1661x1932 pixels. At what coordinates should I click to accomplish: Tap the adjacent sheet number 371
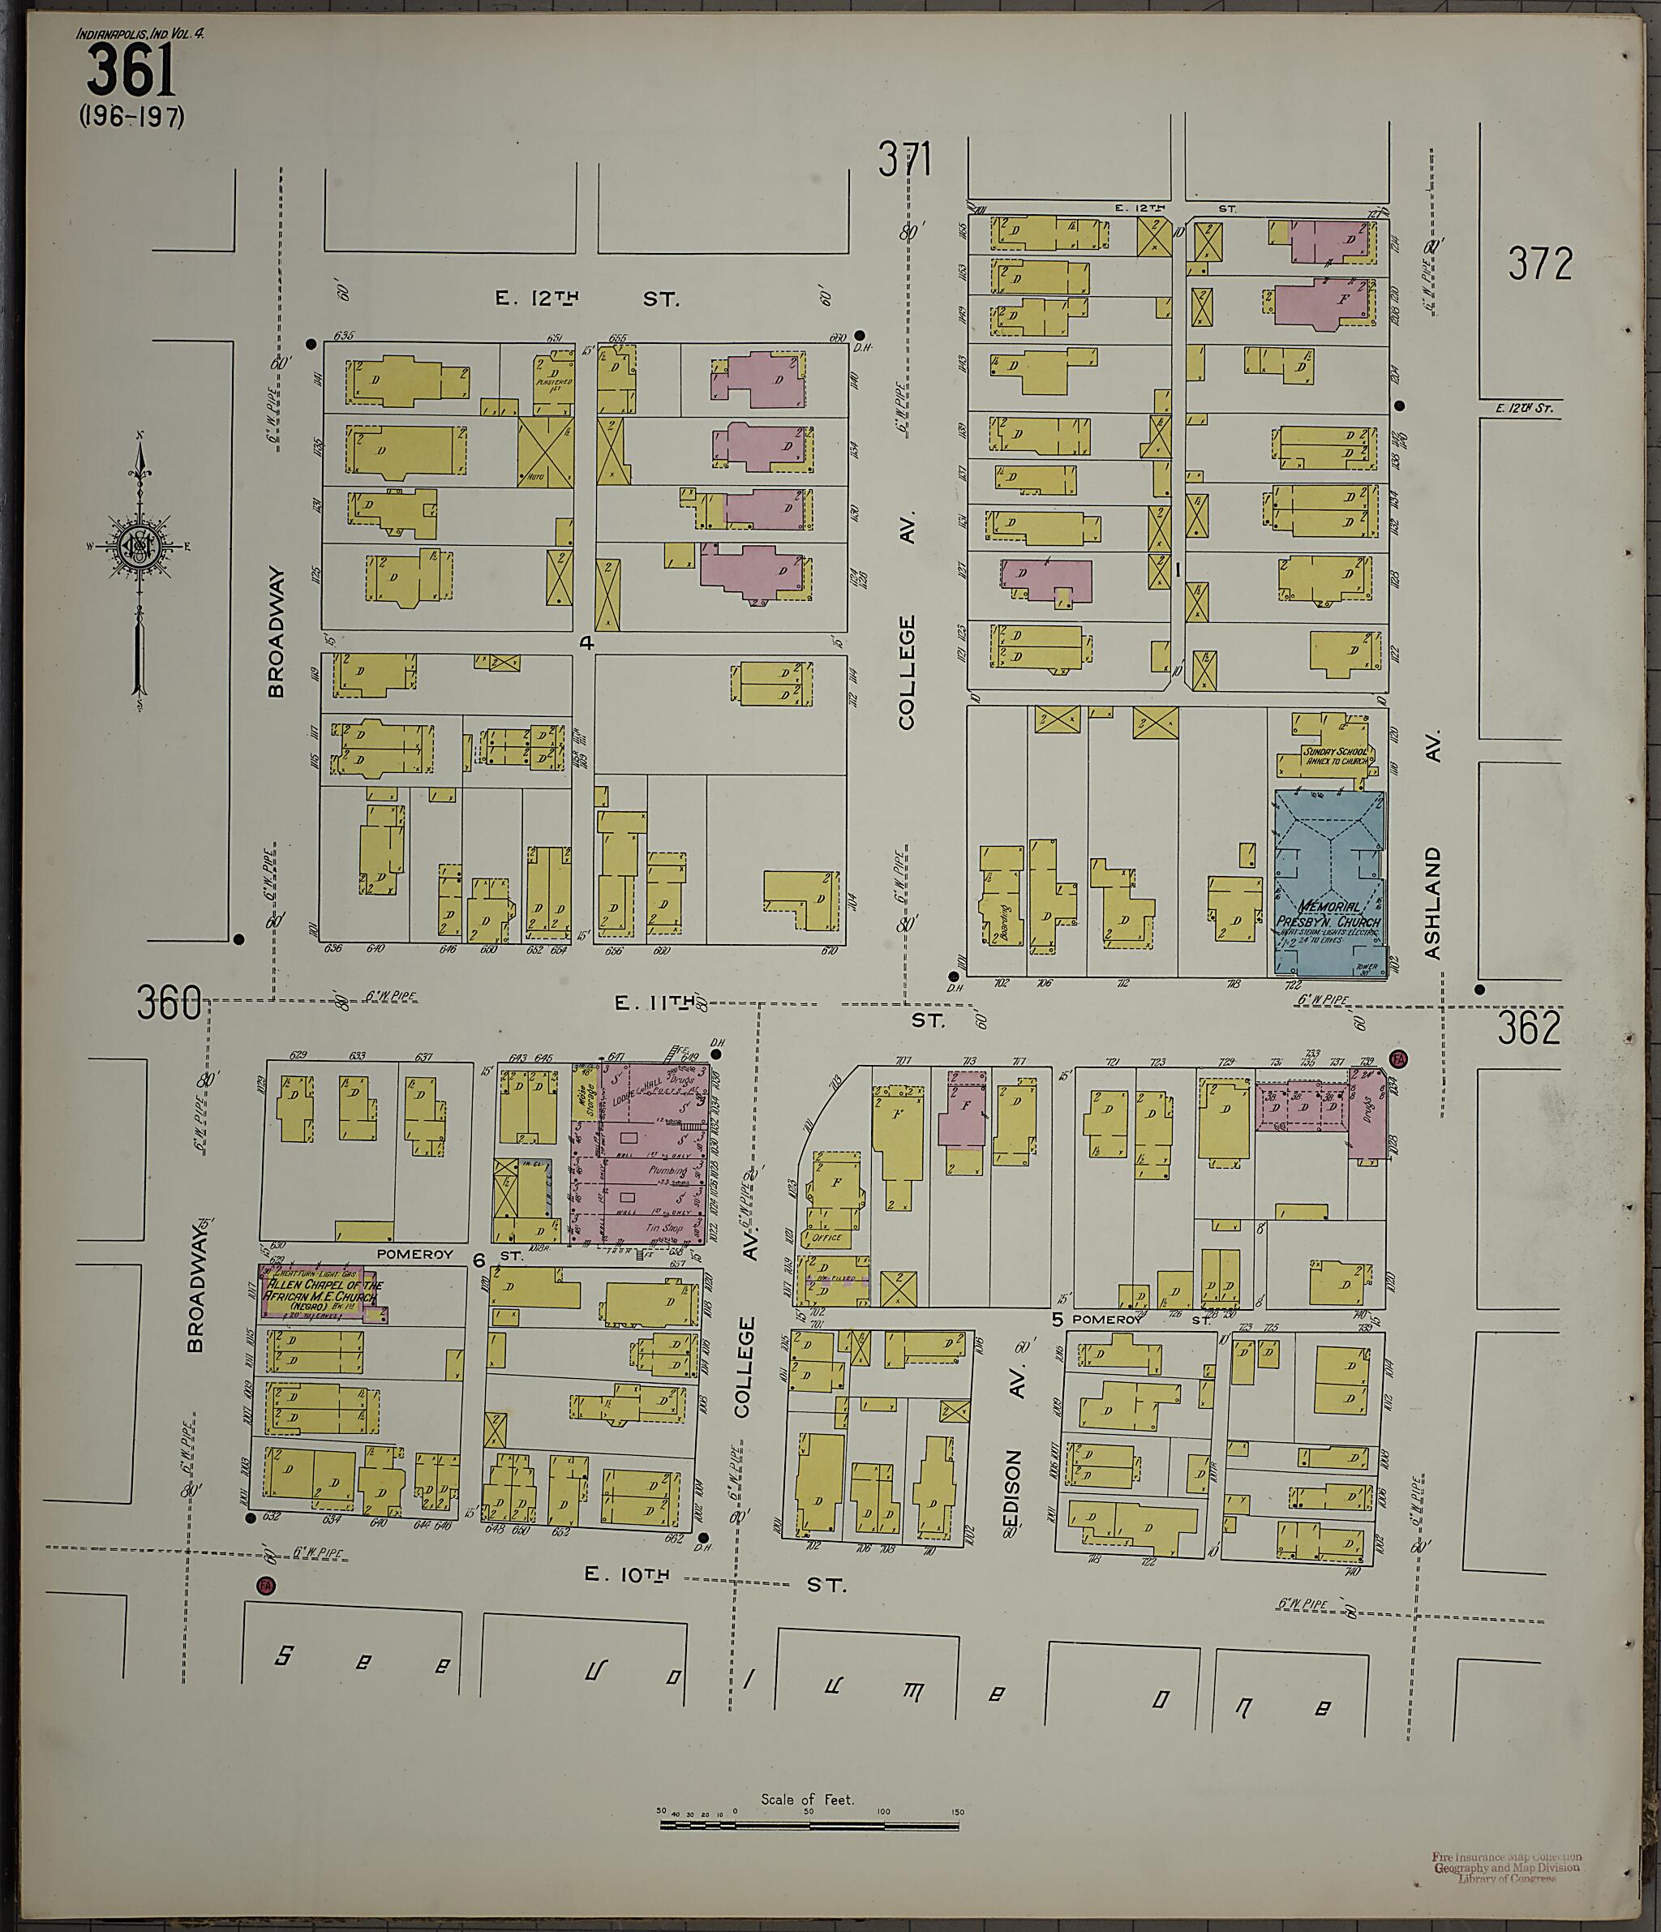pos(904,161)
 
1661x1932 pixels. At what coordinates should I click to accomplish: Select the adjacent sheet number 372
pos(1541,264)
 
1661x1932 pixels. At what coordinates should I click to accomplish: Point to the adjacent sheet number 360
pos(169,1004)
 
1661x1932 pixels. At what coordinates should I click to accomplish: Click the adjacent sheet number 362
pos(1529,1028)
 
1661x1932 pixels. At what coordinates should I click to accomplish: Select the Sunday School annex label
pos(1336,755)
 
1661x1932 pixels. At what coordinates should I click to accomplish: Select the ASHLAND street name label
pos(1432,903)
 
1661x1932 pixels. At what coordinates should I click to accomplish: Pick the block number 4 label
pos(586,642)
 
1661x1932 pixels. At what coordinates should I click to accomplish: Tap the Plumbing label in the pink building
pos(667,1170)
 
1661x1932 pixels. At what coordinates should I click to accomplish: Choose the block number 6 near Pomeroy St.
pos(479,1260)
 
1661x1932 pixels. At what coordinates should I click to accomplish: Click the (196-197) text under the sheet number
pos(131,117)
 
